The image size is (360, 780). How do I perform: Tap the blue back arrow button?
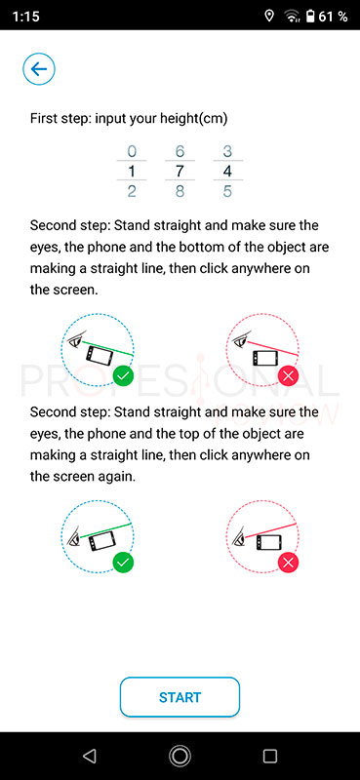(39, 69)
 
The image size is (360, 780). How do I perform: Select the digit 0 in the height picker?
(132, 151)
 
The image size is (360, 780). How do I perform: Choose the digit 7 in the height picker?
(180, 172)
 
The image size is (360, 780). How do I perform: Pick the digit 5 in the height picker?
(227, 191)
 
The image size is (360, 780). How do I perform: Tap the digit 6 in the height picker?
(180, 151)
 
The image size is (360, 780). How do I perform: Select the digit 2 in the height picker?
(132, 191)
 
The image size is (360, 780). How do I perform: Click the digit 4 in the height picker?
(227, 172)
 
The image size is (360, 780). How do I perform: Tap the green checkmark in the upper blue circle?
(124, 377)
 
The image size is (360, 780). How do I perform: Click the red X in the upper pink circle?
(289, 377)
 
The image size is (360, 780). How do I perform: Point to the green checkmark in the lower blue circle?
(124, 564)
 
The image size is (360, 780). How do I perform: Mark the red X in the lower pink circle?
(289, 564)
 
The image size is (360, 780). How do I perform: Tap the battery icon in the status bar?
(309, 17)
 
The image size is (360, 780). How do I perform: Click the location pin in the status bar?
(269, 17)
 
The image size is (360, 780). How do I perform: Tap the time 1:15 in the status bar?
(25, 17)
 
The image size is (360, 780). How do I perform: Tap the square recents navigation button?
(270, 757)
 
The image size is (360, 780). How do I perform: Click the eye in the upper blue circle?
(76, 341)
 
